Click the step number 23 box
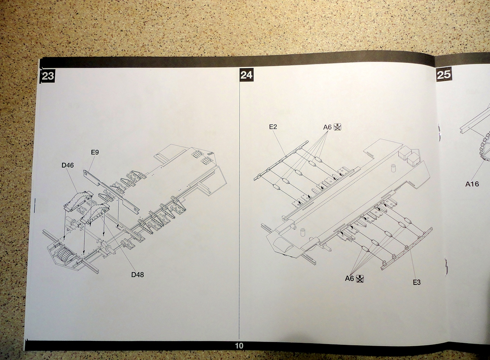tap(47, 76)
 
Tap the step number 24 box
tap(246, 75)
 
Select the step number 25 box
tap(444, 74)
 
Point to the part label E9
tap(95, 152)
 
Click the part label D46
tap(68, 165)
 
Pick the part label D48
tap(137, 275)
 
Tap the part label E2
tap(273, 127)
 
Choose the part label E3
tap(416, 282)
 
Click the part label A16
tap(472, 184)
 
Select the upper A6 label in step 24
tap(327, 127)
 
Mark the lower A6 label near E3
tap(350, 279)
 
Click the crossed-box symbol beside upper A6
tap(337, 127)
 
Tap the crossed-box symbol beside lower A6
tap(360, 279)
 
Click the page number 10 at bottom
tap(239, 346)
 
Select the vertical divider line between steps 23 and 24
tap(239, 204)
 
